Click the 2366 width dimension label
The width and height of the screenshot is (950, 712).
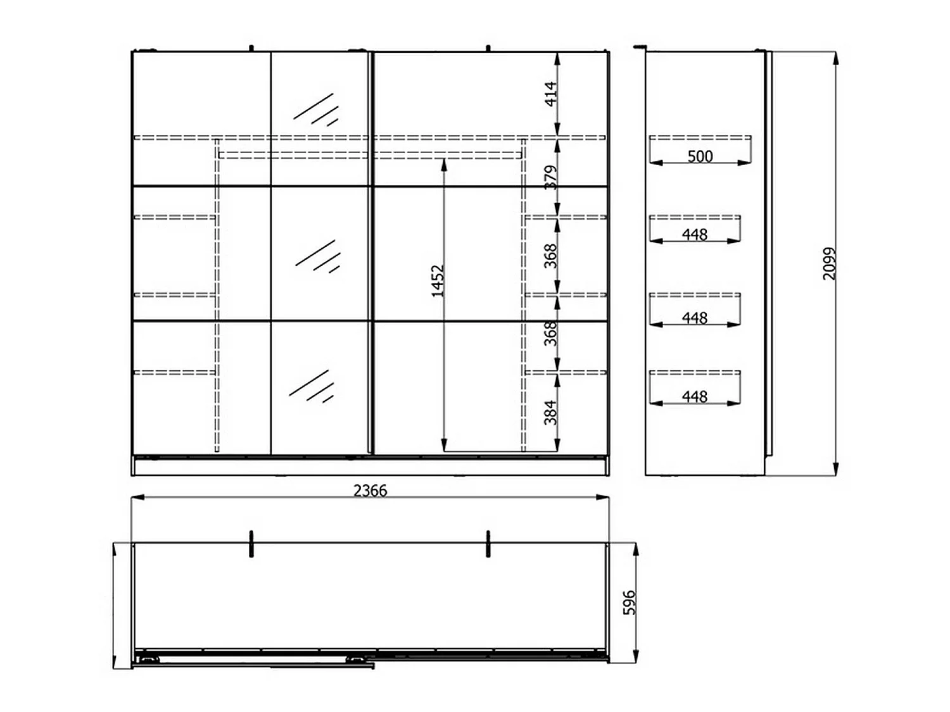[370, 490]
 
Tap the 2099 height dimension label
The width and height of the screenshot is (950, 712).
[829, 264]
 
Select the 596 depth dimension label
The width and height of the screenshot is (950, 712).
[630, 603]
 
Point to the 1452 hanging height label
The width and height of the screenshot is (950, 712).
[438, 281]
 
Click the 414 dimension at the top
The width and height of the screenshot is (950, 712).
[550, 94]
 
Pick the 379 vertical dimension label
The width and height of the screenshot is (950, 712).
[550, 177]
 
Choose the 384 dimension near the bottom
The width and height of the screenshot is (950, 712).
[550, 413]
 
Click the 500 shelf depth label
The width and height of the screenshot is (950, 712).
[700, 156]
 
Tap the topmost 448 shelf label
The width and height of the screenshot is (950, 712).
[695, 235]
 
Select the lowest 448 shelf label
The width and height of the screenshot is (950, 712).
[695, 396]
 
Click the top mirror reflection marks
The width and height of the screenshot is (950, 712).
[316, 109]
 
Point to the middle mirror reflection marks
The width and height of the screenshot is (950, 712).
[318, 256]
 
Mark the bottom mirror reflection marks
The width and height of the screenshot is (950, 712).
[312, 386]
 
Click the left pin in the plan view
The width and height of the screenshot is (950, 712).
[251, 544]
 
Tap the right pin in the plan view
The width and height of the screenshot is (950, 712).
[488, 544]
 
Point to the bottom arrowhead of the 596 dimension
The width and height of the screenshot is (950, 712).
[635, 656]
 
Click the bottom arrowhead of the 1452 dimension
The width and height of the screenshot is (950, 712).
[443, 445]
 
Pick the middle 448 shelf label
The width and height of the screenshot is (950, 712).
[695, 318]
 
